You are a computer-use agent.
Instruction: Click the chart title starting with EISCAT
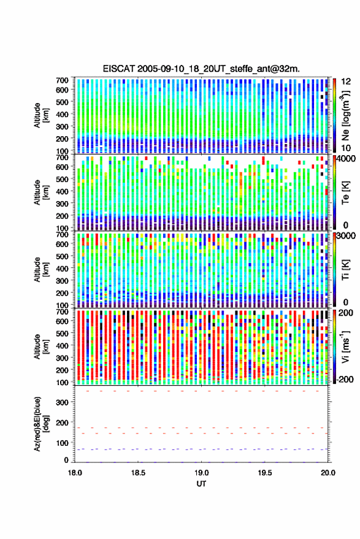201,69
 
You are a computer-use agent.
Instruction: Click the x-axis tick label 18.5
138,473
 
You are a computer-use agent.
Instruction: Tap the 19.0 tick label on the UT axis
202,473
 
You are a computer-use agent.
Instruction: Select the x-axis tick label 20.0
328,473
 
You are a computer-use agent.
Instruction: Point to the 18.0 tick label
75,473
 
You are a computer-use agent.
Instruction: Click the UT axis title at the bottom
201,484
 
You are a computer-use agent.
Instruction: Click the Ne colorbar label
345,115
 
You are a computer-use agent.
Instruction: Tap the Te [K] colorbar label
345,193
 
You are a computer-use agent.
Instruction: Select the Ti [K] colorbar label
345,270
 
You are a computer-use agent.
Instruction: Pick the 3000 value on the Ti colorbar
347,236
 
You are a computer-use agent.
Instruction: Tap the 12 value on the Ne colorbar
346,82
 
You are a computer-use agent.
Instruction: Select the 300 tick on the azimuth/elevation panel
62,402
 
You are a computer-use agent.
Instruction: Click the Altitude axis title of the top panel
41,115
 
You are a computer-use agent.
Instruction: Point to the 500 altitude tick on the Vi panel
62,334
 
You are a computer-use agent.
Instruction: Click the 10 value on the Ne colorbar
346,148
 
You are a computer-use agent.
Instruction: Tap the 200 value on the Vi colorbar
345,313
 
